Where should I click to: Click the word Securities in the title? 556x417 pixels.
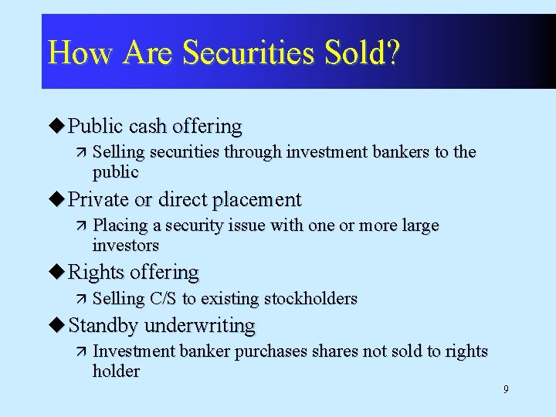tap(249, 53)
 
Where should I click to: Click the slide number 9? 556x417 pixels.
tap(506, 389)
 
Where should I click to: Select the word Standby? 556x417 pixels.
tap(103, 326)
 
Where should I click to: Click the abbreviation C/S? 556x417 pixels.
tap(164, 299)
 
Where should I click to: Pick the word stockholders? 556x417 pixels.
tap(310, 299)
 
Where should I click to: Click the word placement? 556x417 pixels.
tap(257, 200)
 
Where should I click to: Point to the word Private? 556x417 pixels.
tap(100, 199)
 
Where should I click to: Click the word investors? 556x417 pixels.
tap(126, 246)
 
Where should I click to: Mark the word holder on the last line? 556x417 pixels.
tap(116, 371)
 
